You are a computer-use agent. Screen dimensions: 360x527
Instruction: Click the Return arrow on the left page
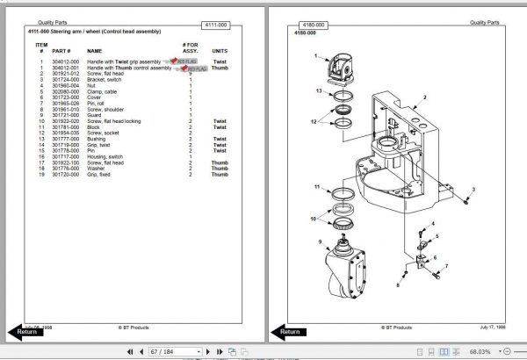[23, 331]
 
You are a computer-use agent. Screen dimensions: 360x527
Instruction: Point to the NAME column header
[95, 51]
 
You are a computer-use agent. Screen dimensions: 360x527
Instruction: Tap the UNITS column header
[220, 51]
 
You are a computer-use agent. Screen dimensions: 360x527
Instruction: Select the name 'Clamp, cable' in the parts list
[102, 90]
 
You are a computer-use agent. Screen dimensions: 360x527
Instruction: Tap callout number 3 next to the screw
[474, 189]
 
